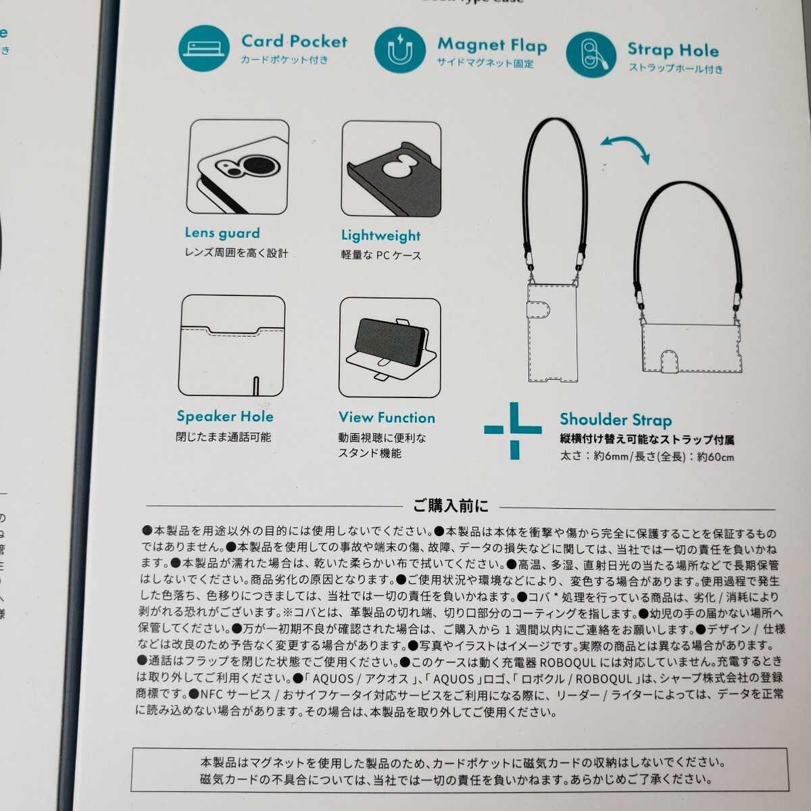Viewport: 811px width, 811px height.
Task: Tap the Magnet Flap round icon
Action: tap(399, 51)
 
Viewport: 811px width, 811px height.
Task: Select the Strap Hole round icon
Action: tap(590, 54)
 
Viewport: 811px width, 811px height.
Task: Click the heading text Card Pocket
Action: tap(294, 41)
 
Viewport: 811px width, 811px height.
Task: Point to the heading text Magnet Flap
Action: tap(492, 45)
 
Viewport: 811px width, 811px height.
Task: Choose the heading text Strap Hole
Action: tap(672, 49)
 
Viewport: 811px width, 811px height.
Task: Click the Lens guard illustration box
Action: tap(238, 167)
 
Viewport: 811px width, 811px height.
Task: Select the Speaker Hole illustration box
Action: tap(232, 345)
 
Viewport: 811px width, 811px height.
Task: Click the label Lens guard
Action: tap(222, 233)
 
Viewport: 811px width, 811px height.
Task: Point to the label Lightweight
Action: tap(380, 236)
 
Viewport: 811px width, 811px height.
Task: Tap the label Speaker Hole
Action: tap(225, 416)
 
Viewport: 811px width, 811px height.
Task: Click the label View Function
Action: tap(387, 418)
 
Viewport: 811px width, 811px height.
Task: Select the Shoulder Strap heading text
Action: tap(616, 420)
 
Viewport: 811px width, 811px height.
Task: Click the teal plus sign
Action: tap(513, 430)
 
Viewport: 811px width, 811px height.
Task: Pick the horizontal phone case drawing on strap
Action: tap(689, 347)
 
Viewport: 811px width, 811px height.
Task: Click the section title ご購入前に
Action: tap(451, 506)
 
